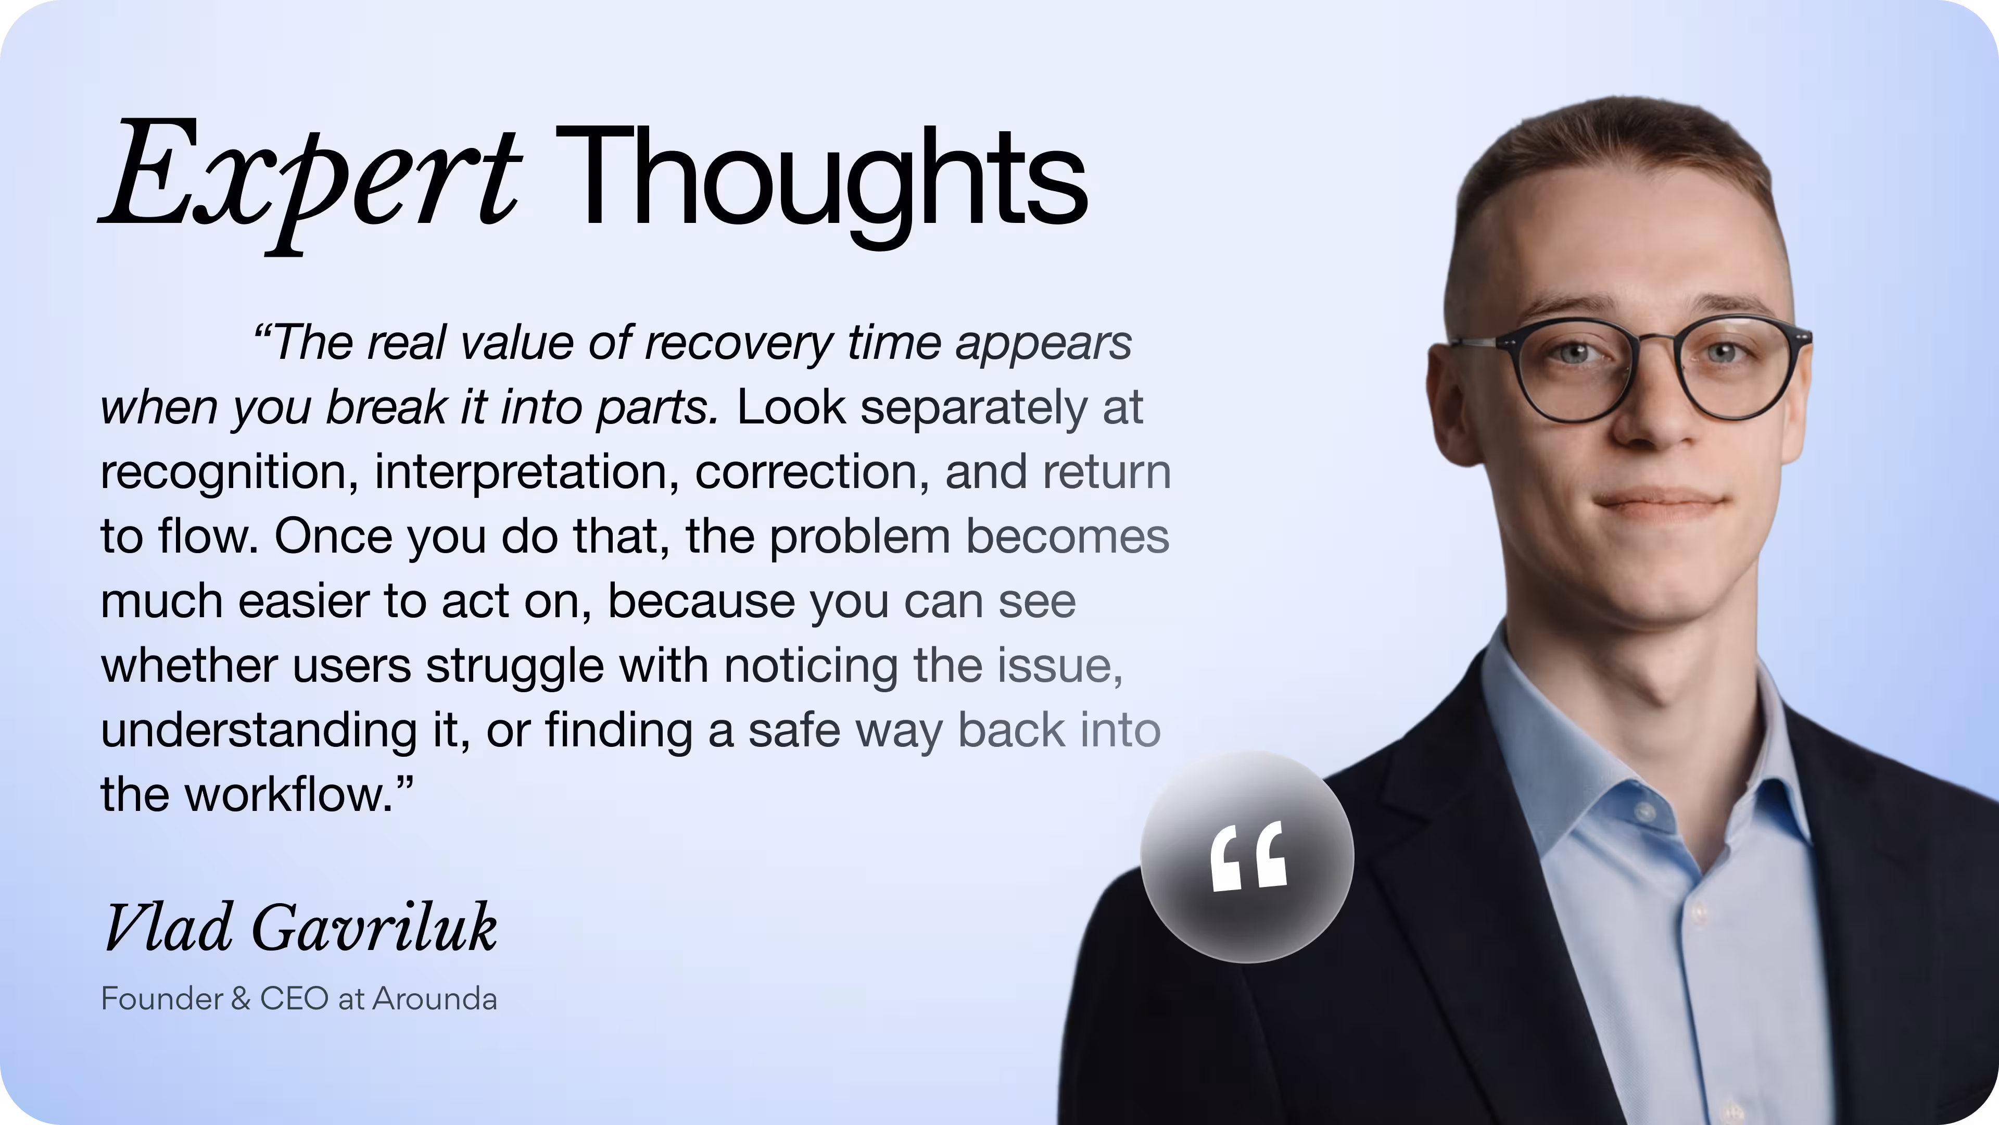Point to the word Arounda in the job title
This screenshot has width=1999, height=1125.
click(x=435, y=998)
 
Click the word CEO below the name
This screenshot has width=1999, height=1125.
click(x=294, y=998)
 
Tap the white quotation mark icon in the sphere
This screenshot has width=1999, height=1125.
click(x=1248, y=857)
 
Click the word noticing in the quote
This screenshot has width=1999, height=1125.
click(x=811, y=666)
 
